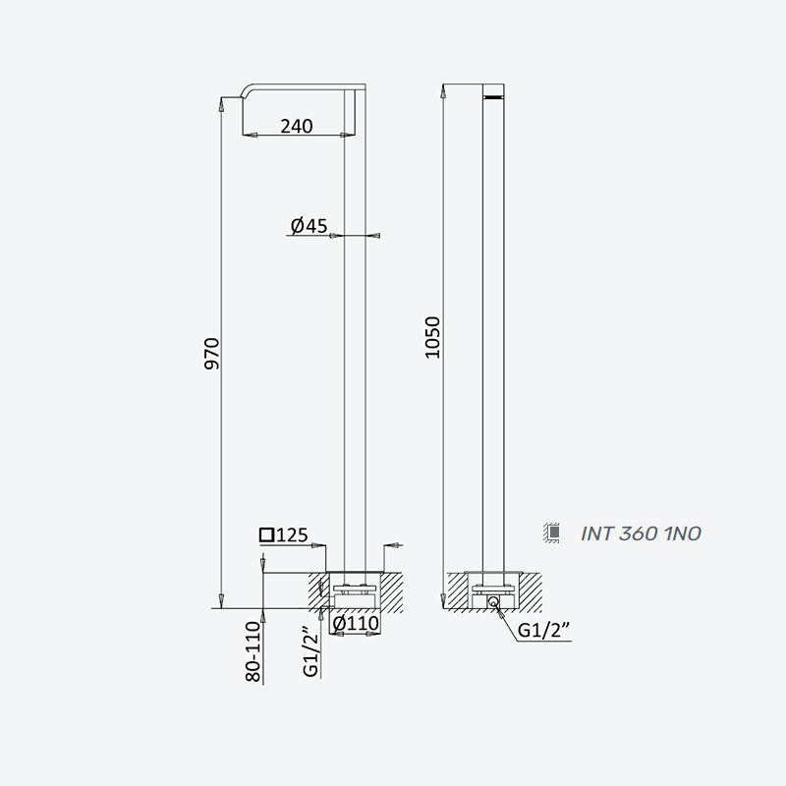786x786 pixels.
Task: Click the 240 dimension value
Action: click(297, 126)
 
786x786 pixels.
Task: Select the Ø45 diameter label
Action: click(309, 226)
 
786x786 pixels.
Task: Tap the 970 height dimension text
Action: click(212, 354)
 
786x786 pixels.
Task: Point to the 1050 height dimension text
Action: click(432, 337)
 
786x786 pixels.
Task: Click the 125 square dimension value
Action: click(292, 535)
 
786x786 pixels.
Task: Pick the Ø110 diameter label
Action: click(356, 623)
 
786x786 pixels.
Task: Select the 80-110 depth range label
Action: click(253, 651)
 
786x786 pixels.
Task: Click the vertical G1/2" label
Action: click(311, 651)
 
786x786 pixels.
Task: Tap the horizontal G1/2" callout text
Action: click(544, 630)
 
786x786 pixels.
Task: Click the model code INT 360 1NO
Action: click(641, 533)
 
